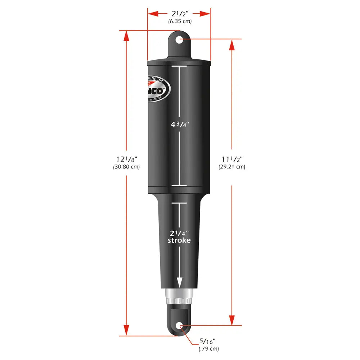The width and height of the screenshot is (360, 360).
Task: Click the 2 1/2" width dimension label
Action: pos(179,14)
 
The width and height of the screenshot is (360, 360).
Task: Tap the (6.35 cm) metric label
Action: pos(180,21)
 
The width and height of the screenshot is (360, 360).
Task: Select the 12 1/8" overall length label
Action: pos(126,159)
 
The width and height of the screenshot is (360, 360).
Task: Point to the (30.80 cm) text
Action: pos(126,167)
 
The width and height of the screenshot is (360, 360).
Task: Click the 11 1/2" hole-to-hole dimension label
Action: pos(231,159)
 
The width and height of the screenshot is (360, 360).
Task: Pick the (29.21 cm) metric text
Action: pos(232,167)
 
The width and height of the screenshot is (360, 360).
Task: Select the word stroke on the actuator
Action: pos(179,240)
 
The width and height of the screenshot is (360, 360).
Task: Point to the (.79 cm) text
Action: pos(208,348)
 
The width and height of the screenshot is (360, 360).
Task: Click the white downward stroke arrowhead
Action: pos(179,283)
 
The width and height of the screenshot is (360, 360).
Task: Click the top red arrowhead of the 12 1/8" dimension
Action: pos(126,36)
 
